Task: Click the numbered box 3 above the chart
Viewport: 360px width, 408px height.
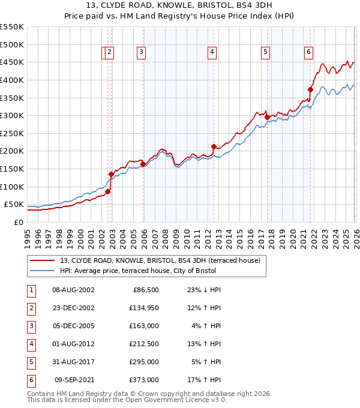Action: [141, 52]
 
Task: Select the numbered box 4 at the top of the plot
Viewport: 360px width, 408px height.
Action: [212, 52]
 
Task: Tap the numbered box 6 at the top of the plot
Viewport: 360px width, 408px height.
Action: [308, 52]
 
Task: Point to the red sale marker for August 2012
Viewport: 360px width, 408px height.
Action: [214, 146]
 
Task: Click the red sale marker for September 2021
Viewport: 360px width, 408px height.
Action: [310, 89]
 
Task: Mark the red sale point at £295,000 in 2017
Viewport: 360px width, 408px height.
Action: [267, 118]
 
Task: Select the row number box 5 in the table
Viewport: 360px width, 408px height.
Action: [31, 362]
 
